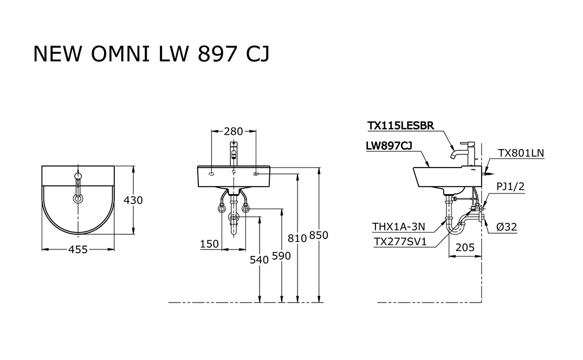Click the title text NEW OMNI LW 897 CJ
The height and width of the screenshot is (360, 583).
tap(151, 54)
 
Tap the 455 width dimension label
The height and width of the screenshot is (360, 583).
tap(78, 249)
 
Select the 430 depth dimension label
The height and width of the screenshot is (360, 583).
tap(133, 201)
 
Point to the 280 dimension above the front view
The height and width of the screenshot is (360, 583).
tap(234, 131)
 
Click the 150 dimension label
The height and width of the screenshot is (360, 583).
tap(209, 244)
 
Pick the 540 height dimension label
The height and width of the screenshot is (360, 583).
tap(259, 260)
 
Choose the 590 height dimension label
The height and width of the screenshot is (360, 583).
tap(281, 256)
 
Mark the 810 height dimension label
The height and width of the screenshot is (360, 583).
tap(297, 238)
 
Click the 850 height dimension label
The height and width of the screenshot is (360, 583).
tap(319, 235)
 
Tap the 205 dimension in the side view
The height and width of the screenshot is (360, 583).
tap(465, 247)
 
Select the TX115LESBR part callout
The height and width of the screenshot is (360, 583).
tap(401, 126)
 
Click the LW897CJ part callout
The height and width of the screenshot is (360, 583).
tap(389, 146)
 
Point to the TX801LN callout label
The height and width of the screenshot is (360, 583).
tap(521, 153)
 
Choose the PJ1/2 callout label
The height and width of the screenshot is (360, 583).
tap(510, 187)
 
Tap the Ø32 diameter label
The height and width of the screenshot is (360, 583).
tap(507, 227)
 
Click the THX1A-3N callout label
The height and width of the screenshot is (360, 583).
tap(399, 227)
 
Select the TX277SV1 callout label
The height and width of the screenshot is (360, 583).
tap(400, 242)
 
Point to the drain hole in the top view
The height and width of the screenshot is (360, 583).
tap(78, 199)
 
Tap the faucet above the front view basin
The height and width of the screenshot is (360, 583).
tap(234, 153)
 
